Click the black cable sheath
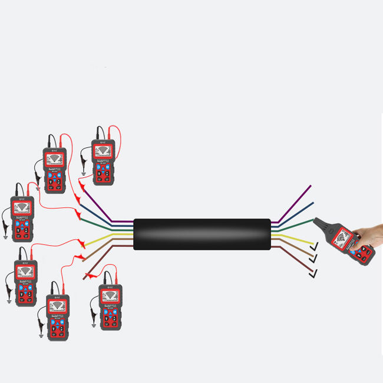click(x=202, y=234)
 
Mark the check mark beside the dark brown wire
click(x=312, y=272)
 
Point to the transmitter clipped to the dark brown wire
click(x=110, y=306)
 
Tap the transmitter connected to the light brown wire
click(x=58, y=312)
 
